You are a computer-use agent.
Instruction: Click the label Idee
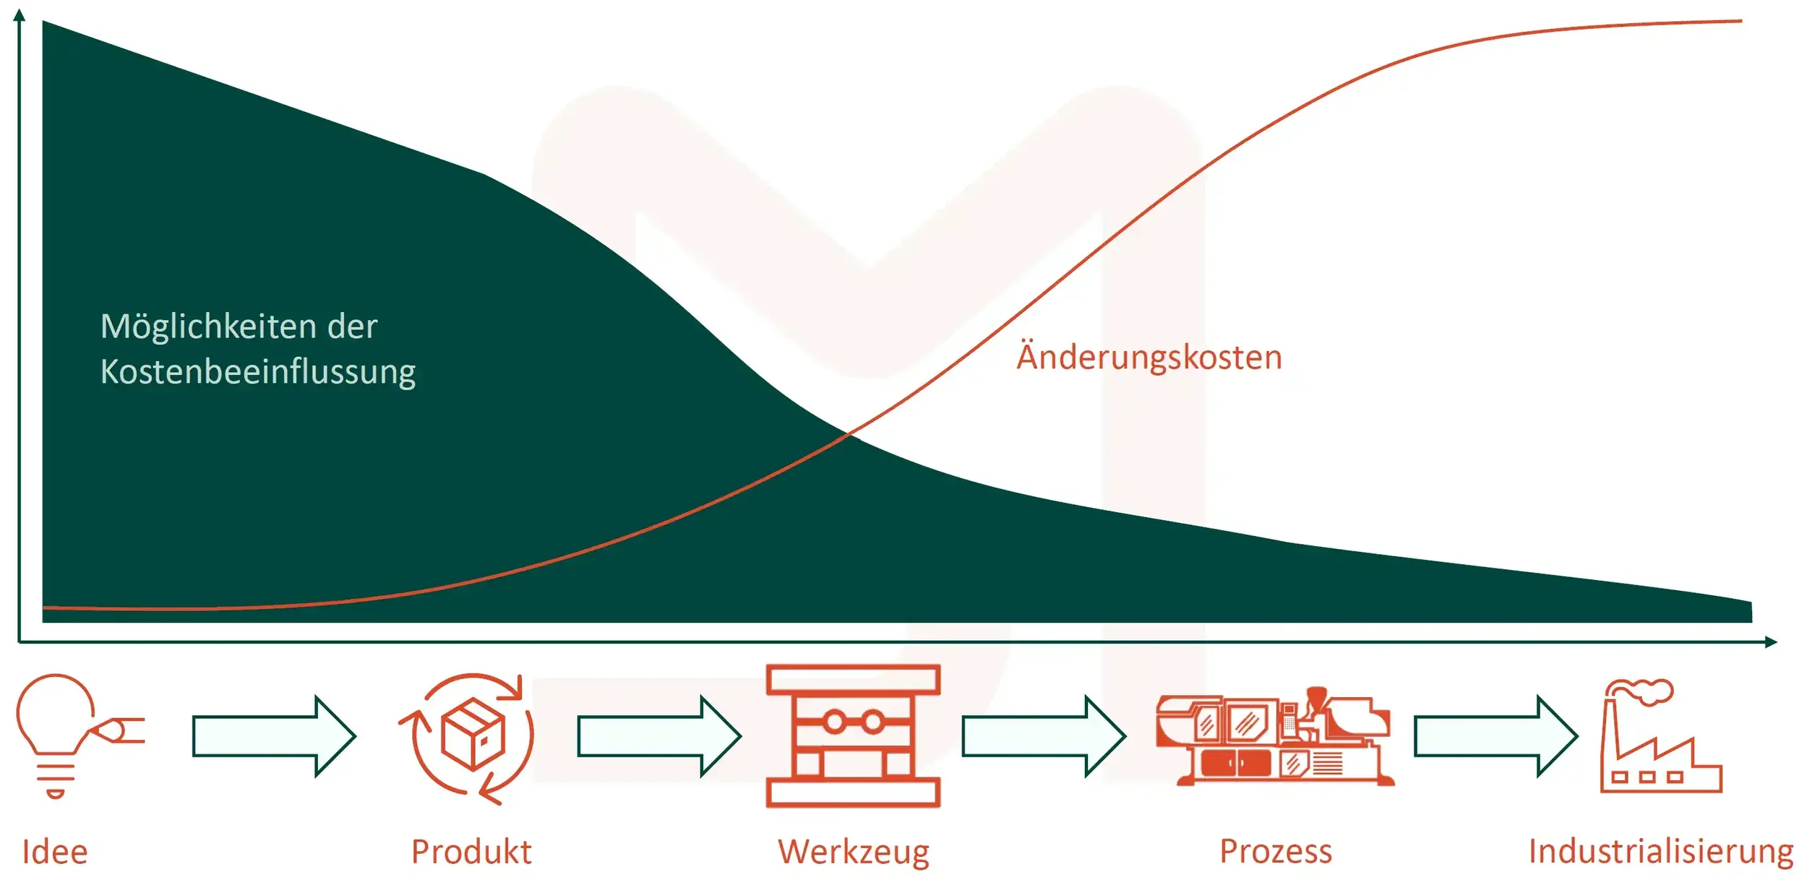[55, 852]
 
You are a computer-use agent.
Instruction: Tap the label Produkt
[471, 852]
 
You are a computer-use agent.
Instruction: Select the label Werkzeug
[854, 852]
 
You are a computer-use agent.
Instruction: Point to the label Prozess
[1276, 851]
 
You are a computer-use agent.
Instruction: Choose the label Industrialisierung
[1661, 851]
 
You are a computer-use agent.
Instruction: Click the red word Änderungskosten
[1149, 358]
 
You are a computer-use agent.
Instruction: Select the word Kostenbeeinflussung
[258, 371]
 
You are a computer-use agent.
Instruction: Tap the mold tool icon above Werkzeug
[853, 735]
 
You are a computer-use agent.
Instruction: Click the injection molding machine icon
[1274, 737]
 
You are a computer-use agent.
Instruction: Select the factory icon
[1660, 737]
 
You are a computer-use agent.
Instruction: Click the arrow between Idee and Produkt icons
[274, 736]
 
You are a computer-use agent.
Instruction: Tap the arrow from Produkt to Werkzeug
[659, 736]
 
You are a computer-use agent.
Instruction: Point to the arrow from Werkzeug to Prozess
[1044, 736]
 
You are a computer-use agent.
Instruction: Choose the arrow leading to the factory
[1495, 736]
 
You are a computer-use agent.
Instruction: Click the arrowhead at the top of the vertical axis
[20, 14]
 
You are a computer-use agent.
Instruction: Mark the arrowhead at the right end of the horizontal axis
[1771, 641]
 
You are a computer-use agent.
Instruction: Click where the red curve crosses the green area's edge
[849, 434]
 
